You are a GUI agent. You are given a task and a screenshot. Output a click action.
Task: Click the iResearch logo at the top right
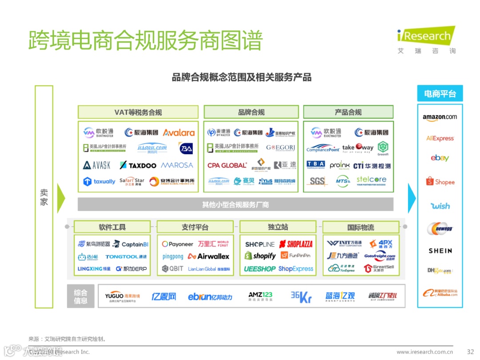[x=426, y=36]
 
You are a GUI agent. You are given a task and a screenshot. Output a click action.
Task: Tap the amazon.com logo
[x=440, y=117]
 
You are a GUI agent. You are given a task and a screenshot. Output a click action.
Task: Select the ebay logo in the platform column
[x=440, y=158]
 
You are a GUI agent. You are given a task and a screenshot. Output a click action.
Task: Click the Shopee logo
[x=440, y=182]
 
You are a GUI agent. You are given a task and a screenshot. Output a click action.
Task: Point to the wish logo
[x=440, y=206]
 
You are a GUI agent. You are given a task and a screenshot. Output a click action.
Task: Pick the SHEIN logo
[x=440, y=251]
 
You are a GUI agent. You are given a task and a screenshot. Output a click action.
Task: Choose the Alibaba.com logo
[x=440, y=293]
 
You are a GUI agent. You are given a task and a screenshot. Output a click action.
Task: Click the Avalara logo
[x=179, y=132]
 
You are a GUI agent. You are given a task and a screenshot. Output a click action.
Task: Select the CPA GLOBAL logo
[x=227, y=165]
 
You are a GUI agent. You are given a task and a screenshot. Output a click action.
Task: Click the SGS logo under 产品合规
[x=317, y=181]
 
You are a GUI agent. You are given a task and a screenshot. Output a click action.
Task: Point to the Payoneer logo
[x=177, y=244]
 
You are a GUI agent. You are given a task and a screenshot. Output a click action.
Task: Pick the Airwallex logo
[x=208, y=256]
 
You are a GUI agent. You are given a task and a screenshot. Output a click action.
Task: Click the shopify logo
[x=260, y=256]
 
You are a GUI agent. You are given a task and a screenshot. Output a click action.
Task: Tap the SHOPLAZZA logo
[x=296, y=244]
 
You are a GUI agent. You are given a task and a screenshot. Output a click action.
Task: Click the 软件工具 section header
[x=112, y=227]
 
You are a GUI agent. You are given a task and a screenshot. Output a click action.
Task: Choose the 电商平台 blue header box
[x=440, y=94]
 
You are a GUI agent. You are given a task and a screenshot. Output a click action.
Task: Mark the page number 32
[x=471, y=352]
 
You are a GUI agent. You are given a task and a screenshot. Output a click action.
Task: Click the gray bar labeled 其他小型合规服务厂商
[x=235, y=205]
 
